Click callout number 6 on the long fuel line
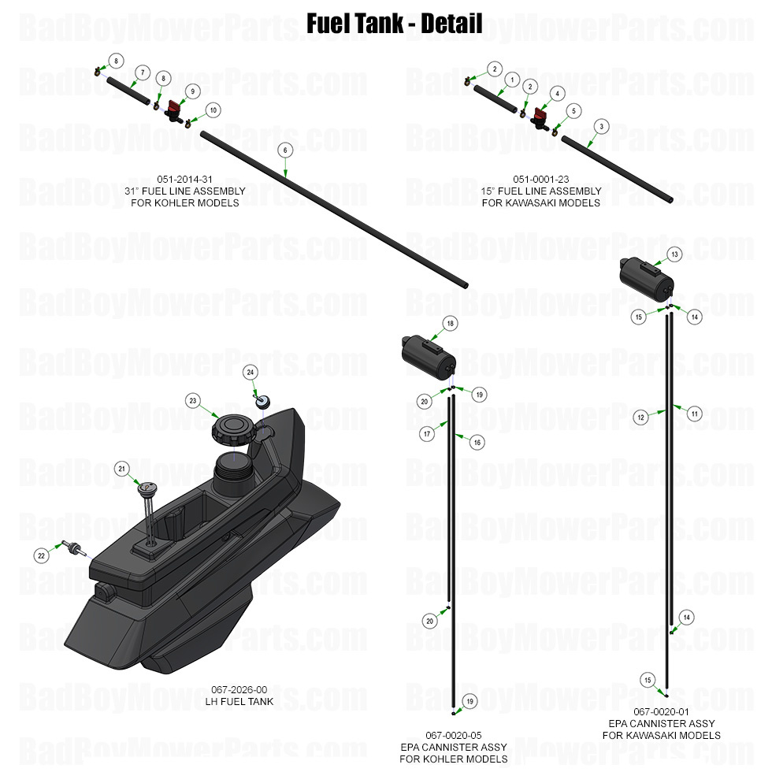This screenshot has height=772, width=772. [x=285, y=150]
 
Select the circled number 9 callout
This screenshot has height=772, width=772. [x=191, y=91]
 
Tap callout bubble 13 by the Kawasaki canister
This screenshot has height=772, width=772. [x=675, y=254]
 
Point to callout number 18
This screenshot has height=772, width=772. [x=450, y=323]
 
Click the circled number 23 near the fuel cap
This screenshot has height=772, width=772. [x=191, y=400]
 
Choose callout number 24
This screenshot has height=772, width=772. [x=251, y=371]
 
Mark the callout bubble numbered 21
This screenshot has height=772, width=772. [x=122, y=469]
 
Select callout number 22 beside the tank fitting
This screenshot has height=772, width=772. [x=42, y=555]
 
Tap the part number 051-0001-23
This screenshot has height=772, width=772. [x=540, y=179]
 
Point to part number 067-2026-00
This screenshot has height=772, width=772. [x=239, y=689]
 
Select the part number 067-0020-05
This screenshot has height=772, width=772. [x=453, y=735]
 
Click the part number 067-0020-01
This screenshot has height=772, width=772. [x=661, y=711]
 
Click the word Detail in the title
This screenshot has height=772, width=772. [x=451, y=24]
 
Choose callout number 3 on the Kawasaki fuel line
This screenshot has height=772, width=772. [x=602, y=126]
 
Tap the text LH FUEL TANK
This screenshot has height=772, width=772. [x=239, y=701]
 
